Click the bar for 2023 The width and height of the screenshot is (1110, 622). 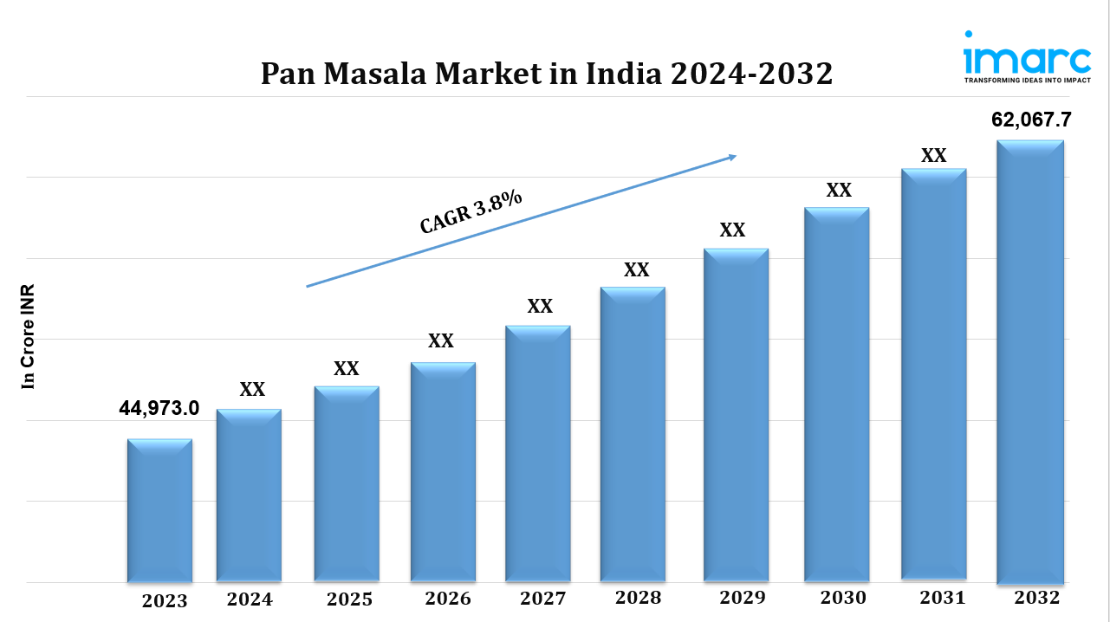point(159,510)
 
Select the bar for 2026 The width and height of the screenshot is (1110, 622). point(443,472)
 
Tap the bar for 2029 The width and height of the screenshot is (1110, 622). point(736,415)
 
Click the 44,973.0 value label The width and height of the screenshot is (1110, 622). point(159,408)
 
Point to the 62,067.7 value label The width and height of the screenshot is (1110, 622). point(1031,120)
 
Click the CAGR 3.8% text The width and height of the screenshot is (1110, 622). point(471,211)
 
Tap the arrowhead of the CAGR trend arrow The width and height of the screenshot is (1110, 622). point(731,157)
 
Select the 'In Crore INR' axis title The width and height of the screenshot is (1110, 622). point(29,336)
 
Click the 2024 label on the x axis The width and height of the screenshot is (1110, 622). point(250,599)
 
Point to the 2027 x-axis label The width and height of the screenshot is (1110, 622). point(542,599)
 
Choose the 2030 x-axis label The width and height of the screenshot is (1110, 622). point(842,598)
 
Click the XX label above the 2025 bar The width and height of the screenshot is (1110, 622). point(347,368)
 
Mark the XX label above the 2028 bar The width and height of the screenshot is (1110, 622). point(637,269)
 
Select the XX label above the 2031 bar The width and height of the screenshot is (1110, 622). point(933,156)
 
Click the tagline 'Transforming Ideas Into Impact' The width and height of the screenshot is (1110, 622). point(1027,80)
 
